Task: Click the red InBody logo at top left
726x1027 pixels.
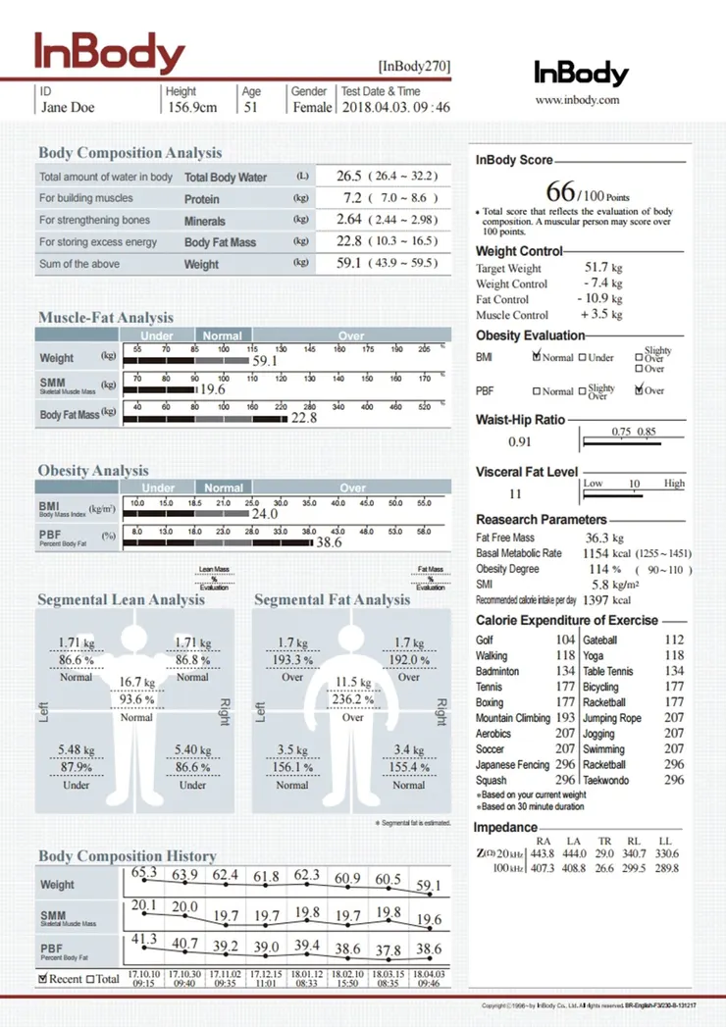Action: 110,53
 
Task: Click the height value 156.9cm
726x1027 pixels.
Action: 191,107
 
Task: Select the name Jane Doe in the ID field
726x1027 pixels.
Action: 68,107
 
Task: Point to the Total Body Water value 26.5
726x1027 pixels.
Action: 349,177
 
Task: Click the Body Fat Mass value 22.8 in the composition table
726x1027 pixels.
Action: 349,241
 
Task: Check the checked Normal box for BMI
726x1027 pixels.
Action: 536,358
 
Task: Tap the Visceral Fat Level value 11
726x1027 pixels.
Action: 515,494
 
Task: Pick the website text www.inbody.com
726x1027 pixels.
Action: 578,100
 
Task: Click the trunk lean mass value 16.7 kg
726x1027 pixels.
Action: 137,682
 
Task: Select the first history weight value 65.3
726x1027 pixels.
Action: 144,873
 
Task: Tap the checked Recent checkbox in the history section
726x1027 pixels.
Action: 43,978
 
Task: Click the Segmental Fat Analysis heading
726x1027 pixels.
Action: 332,599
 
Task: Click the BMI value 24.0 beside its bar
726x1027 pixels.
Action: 265,513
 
